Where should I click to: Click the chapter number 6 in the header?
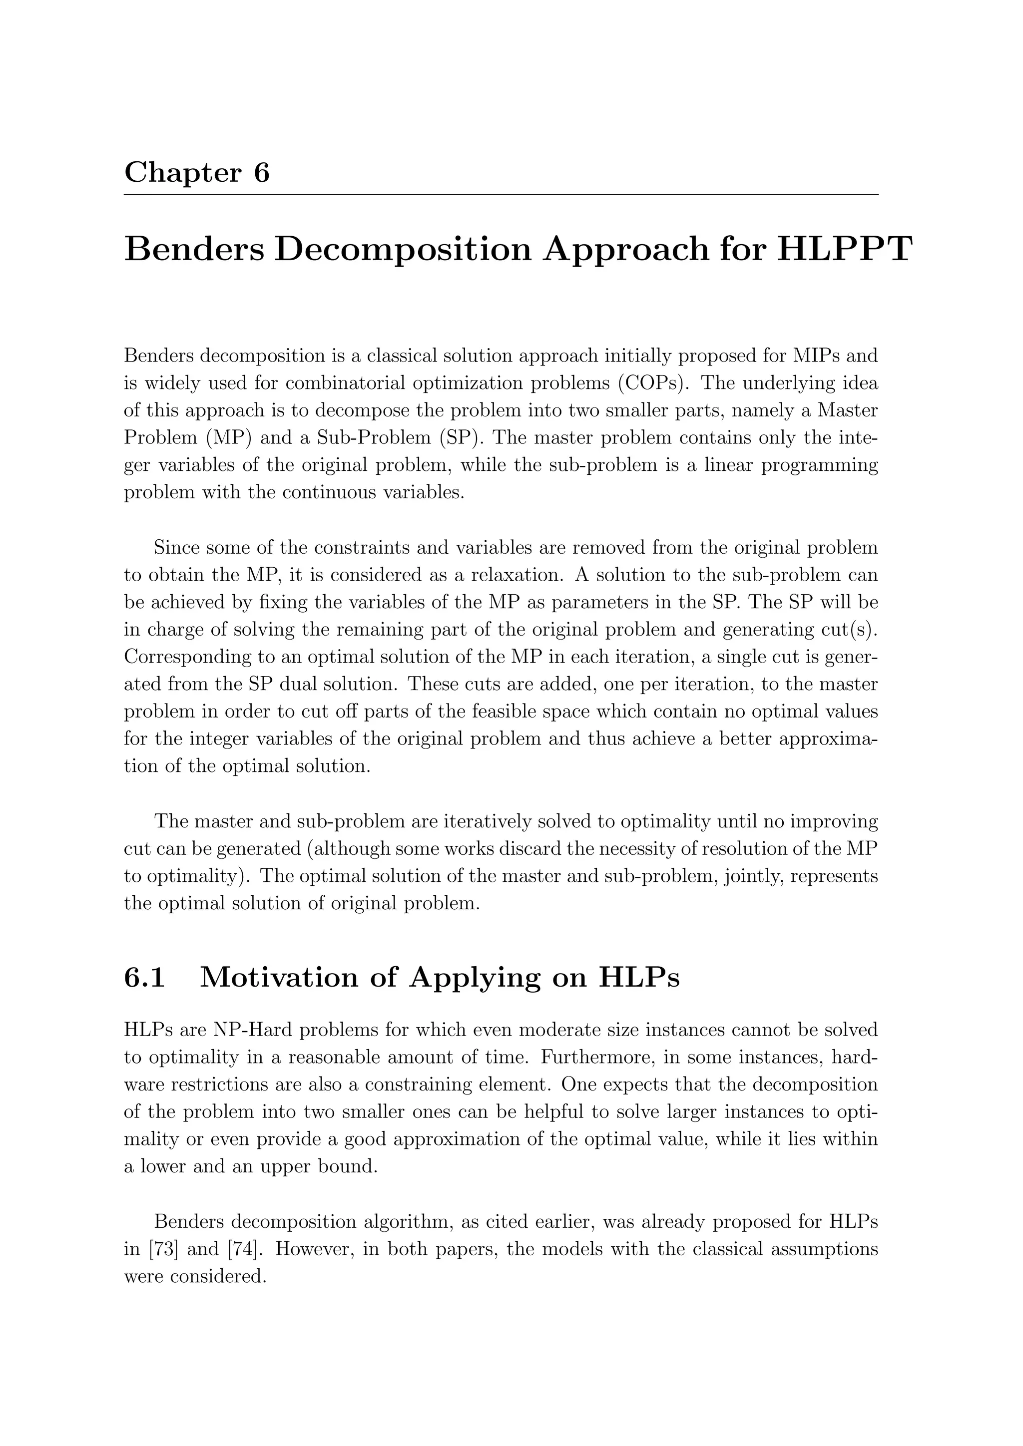[x=261, y=172]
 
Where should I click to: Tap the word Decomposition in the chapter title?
[x=405, y=250]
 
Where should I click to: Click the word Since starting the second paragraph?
[x=176, y=548]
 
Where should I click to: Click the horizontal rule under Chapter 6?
[x=501, y=195]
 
